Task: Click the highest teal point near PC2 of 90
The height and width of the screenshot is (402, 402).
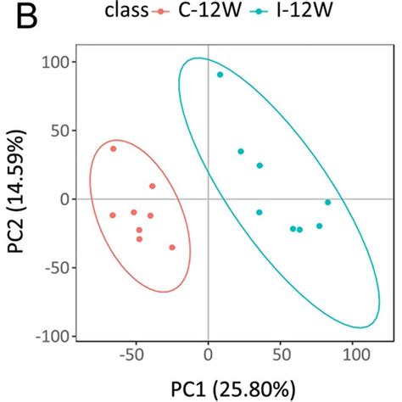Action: (220, 75)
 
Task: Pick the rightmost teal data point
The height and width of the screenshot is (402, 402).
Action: (327, 202)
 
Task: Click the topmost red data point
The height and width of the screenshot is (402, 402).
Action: (113, 148)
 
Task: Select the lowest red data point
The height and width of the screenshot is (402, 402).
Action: (171, 248)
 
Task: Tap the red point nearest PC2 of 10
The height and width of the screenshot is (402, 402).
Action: (153, 186)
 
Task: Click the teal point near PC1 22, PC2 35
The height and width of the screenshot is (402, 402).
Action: (240, 151)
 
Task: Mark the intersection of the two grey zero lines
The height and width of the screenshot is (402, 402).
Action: (208, 199)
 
